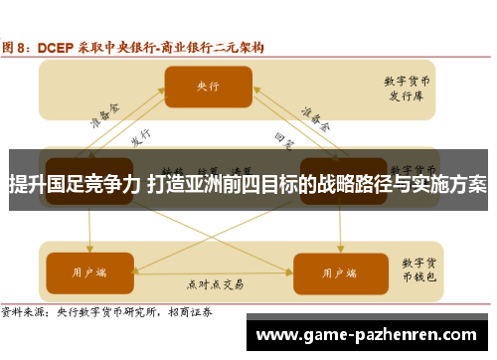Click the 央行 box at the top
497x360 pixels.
208,87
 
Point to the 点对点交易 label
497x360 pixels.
212,282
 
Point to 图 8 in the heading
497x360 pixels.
17,47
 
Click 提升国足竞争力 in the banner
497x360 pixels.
74,184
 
